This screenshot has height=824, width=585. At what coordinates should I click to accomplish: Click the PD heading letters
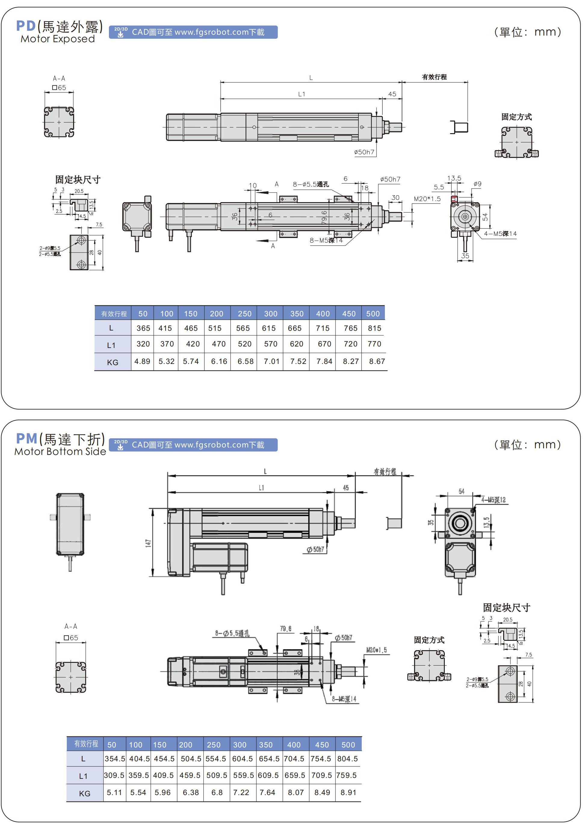coord(26,26)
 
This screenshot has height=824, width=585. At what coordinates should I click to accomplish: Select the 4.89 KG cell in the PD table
coord(142,361)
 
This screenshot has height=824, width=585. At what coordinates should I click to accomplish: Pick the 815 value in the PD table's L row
coord(375,328)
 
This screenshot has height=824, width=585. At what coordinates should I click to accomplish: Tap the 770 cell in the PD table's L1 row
coord(374,344)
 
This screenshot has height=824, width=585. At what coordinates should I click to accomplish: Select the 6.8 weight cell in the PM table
coord(217,793)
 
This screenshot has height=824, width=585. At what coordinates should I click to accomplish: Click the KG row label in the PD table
coord(113,362)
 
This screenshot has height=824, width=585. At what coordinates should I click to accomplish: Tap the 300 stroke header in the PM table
coord(240,745)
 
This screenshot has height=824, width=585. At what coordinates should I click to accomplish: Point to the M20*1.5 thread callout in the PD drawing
coord(427,199)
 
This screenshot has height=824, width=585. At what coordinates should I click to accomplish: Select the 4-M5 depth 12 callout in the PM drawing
coord(494,500)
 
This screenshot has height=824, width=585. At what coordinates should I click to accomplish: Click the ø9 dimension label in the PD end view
coord(477,184)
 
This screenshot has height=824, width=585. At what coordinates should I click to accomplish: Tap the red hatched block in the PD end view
coord(454,199)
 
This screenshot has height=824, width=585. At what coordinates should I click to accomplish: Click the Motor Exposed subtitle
coord(58,39)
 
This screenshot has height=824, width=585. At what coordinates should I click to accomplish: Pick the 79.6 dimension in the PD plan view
coord(324,218)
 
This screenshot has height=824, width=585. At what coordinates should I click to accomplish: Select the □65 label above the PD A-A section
coord(59,88)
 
